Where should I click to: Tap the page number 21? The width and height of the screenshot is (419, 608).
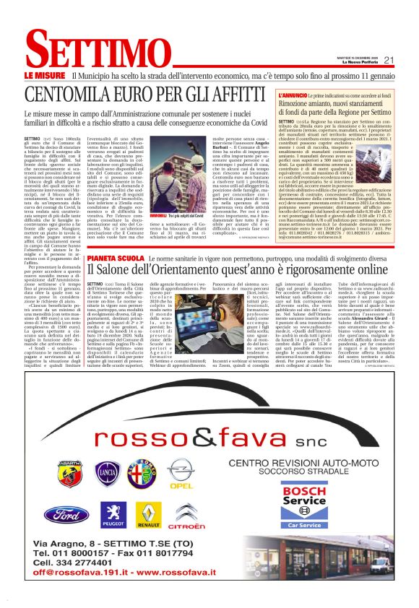388,60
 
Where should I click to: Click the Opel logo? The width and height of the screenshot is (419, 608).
181,472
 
